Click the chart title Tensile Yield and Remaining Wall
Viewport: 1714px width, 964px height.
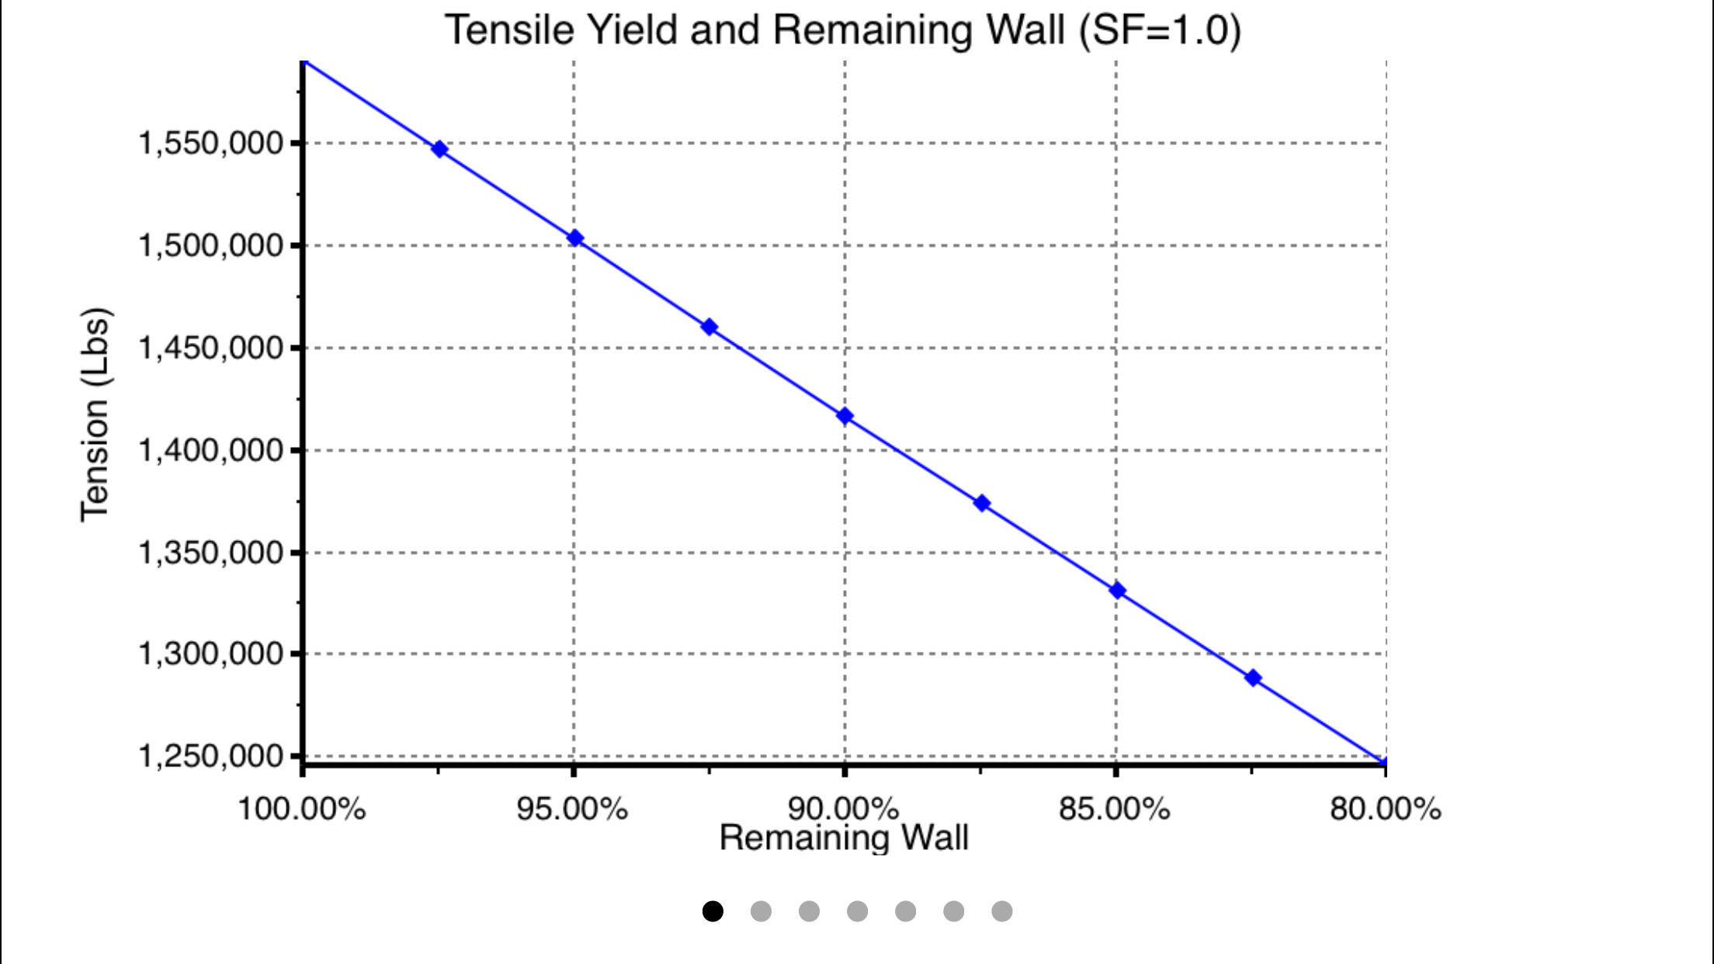tap(842, 31)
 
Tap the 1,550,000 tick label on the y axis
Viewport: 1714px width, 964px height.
tap(211, 144)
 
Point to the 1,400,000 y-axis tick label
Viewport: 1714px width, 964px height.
tap(211, 450)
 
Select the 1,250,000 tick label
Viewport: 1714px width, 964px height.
tap(211, 756)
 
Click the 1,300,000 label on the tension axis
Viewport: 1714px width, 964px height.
tap(211, 654)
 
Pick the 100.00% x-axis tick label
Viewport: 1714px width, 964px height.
tap(301, 810)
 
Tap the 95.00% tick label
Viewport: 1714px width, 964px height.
tap(572, 810)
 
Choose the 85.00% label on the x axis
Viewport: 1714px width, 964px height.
tap(1115, 810)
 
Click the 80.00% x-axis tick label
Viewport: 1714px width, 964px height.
tap(1386, 810)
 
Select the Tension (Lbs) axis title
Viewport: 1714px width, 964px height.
tap(96, 414)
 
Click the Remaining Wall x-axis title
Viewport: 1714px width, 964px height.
tap(844, 838)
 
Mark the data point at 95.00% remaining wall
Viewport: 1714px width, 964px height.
tap(574, 238)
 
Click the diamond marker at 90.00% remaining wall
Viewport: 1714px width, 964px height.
tap(845, 416)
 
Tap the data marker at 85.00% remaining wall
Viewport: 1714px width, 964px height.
tap(1117, 591)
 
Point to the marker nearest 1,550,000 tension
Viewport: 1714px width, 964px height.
tap(439, 149)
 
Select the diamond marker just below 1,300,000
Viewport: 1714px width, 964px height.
tap(1253, 678)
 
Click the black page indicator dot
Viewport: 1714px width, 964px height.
tap(713, 911)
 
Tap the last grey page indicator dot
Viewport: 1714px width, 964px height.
tap(1002, 911)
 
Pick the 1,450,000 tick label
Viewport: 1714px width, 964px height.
tap(211, 348)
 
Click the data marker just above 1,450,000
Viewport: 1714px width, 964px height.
tap(709, 327)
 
